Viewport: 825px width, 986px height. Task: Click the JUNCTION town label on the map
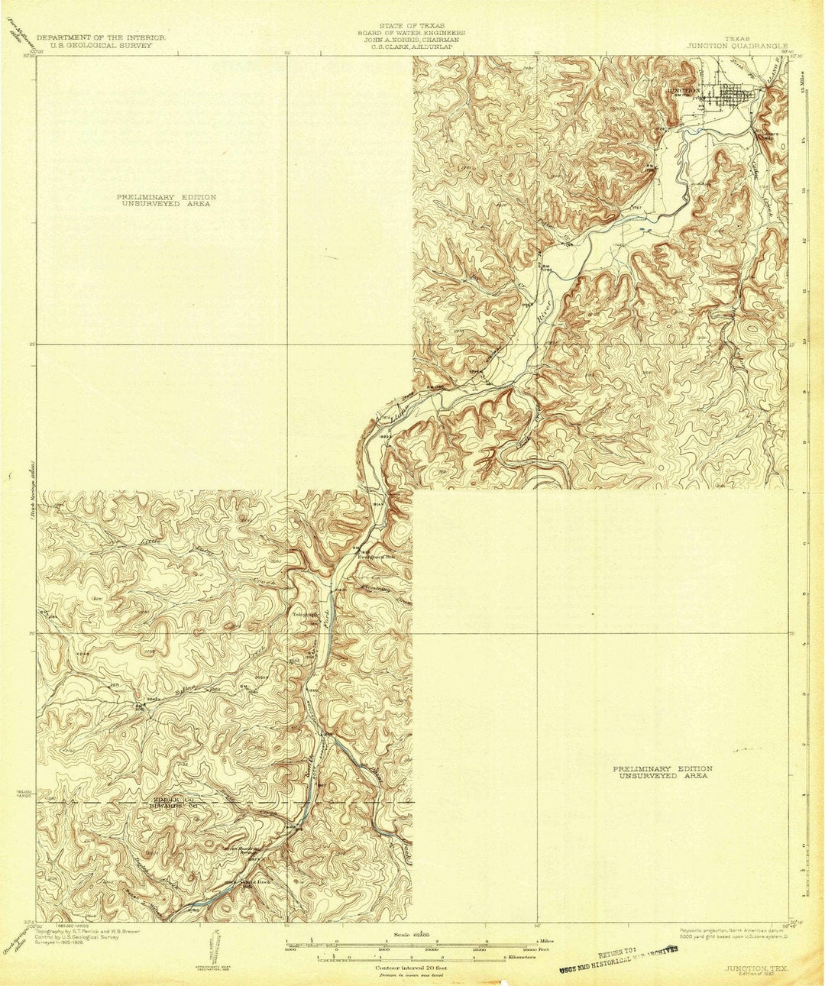pyautogui.click(x=683, y=90)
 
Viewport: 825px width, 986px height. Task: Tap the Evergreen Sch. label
pyautogui.click(x=377, y=556)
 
